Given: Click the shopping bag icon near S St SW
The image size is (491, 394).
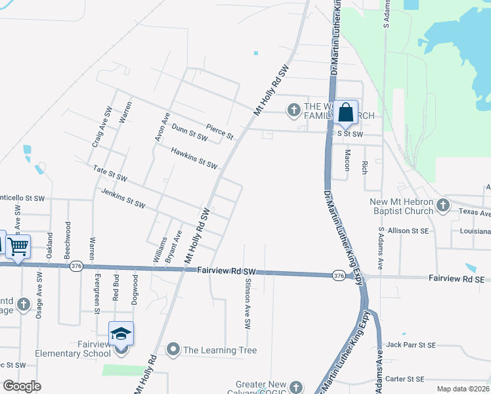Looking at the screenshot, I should tap(345, 112).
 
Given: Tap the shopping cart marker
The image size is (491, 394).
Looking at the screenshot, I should tap(18, 247).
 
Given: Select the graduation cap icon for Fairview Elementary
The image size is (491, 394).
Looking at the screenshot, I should tap(121, 334).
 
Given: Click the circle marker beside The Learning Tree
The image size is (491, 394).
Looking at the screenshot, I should tap(173, 350).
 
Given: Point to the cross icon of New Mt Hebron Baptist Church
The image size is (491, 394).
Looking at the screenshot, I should tap(443, 206).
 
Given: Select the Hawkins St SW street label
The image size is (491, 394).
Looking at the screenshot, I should tap(194, 158).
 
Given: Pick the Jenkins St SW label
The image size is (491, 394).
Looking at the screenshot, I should tap(123, 198).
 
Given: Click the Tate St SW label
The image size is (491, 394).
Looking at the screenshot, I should tap(110, 174).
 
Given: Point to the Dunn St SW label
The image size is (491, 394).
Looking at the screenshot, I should tap(189, 133).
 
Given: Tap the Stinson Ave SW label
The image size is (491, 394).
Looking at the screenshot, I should tap(247, 303).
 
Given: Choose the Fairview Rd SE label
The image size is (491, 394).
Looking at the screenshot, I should tap(456, 279).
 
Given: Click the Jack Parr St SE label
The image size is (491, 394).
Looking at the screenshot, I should tap(411, 345).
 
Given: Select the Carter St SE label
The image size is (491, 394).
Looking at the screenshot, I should tap(405, 379).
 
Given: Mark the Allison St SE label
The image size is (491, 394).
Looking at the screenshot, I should tap(408, 230).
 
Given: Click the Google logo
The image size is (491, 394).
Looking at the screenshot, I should tap(22, 386).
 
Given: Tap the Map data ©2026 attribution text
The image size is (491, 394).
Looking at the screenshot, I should tap(463, 389).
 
